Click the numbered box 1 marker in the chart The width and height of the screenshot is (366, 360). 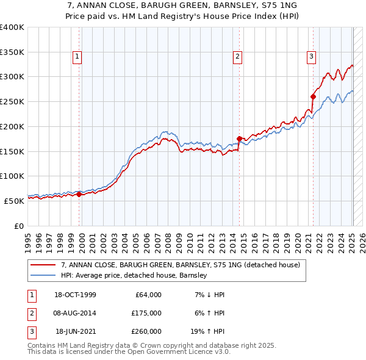point(78,57)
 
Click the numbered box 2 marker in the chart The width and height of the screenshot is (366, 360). point(237,57)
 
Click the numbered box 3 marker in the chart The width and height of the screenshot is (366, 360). point(311,57)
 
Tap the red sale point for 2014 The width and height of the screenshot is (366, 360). point(239,139)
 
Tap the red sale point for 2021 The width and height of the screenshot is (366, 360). point(313,96)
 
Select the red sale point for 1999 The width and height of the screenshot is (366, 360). point(79,194)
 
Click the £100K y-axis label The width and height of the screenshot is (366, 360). point(12,176)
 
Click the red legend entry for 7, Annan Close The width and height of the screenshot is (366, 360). point(180,265)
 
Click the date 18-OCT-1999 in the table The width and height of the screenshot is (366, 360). point(76,295)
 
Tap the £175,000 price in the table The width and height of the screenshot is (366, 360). point(146,313)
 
